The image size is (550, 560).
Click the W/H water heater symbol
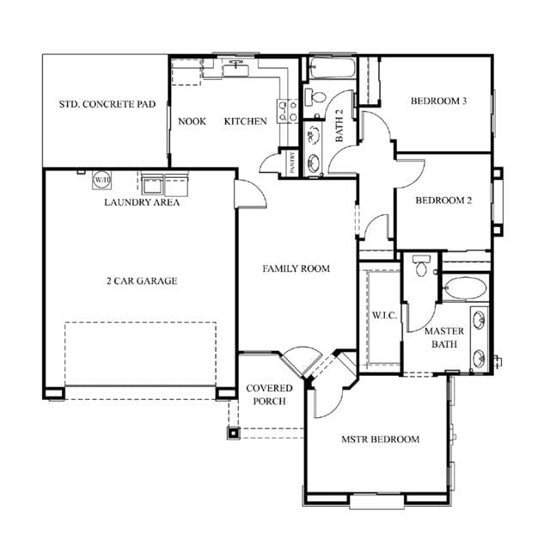[x=102, y=180]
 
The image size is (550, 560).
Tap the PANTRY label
[x=292, y=163]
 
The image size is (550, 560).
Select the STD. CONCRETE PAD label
[x=107, y=104]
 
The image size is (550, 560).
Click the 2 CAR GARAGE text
[x=142, y=280]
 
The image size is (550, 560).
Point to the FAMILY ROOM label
[x=296, y=268]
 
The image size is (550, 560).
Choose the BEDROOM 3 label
[x=439, y=101]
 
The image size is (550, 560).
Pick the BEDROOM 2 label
[x=443, y=200]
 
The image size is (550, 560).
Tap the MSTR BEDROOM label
[x=380, y=439]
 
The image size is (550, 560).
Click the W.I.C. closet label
[x=384, y=316]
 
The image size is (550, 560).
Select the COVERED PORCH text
[x=269, y=395]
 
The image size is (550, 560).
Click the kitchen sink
[x=235, y=68]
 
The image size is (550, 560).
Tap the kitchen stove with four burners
[x=288, y=111]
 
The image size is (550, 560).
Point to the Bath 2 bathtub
[x=332, y=67]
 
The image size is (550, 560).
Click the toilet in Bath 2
[x=315, y=97]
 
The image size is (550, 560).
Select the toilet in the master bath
[x=421, y=265]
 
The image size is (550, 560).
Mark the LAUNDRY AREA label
[x=142, y=202]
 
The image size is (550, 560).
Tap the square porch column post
[x=233, y=434]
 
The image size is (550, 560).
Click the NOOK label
[x=192, y=121]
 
